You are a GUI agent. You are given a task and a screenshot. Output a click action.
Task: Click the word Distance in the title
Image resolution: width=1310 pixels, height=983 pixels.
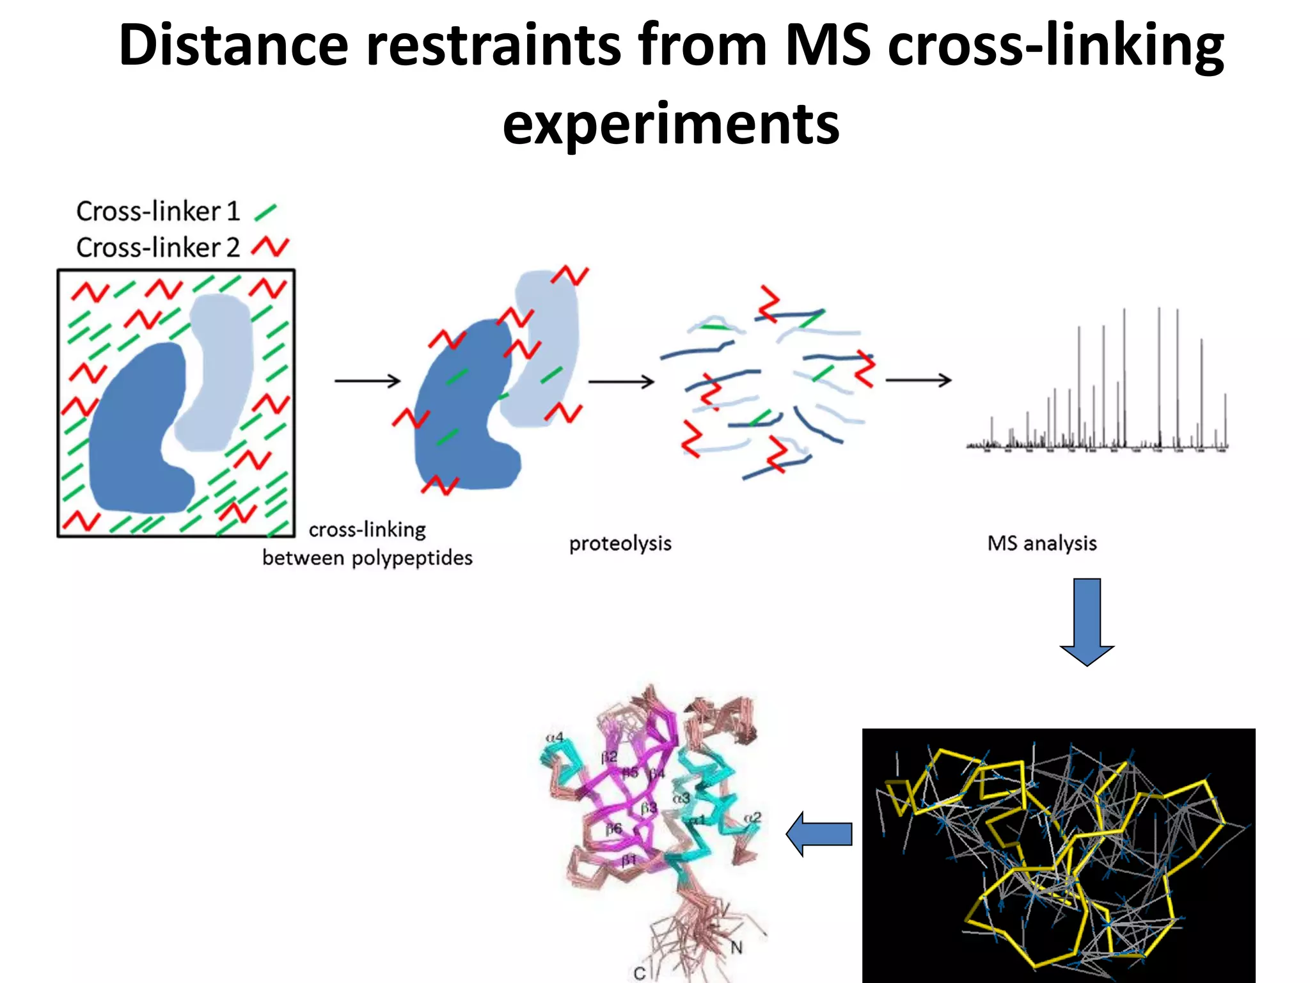coord(233,45)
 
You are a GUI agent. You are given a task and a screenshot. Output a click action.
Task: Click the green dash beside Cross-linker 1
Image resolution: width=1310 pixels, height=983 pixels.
coord(265,212)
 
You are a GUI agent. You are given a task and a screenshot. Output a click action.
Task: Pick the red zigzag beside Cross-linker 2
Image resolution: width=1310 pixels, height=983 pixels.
coord(270,246)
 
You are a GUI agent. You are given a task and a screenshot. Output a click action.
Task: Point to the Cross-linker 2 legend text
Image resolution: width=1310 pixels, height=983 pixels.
coord(158,248)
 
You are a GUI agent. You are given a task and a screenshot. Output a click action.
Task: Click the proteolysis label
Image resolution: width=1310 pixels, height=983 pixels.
coord(620,543)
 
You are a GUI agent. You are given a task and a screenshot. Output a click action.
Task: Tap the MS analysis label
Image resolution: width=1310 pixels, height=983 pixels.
coord(1041,543)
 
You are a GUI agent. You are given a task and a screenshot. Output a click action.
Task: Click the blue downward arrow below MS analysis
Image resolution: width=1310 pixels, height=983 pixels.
coord(1087,621)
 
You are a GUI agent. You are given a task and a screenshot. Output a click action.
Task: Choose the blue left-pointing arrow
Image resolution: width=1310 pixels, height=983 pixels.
coord(819,833)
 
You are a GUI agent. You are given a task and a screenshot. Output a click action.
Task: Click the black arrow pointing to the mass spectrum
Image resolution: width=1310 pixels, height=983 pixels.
coord(919,380)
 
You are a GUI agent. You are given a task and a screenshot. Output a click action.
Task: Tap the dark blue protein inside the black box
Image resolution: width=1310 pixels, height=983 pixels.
coord(138,429)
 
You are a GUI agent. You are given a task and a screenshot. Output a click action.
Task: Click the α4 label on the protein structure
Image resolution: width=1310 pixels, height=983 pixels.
coord(555,737)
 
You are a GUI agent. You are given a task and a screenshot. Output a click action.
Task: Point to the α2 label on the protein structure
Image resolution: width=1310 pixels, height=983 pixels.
coord(753,817)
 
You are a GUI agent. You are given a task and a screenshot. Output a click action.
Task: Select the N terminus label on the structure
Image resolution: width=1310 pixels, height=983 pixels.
coord(736,947)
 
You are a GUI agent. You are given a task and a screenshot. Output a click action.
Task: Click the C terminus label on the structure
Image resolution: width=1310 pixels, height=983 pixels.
coord(639,973)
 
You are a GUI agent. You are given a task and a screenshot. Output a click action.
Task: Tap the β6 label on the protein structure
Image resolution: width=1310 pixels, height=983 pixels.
coord(613,828)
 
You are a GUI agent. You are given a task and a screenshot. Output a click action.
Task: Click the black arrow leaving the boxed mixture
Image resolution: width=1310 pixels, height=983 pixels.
coord(367,381)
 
